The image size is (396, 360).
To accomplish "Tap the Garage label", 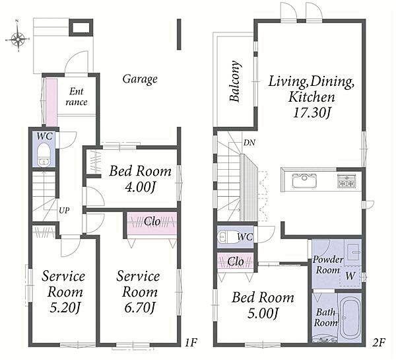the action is [x=140, y=79].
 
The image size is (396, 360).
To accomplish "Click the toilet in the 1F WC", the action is [x=44, y=154].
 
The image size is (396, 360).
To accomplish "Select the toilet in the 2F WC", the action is [x=228, y=237].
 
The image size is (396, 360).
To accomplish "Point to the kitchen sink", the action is [x=304, y=180].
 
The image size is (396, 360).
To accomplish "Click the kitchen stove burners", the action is [x=347, y=181].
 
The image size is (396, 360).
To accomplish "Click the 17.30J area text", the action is [x=312, y=113].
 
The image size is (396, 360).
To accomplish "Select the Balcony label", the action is [x=235, y=81].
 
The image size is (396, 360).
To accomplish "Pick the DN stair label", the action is [x=249, y=143].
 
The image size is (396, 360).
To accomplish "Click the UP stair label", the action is [x=64, y=210].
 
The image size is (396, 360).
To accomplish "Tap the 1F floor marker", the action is [x=191, y=343].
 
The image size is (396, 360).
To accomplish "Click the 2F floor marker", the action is [x=378, y=343].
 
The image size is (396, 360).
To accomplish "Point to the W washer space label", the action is [x=350, y=275].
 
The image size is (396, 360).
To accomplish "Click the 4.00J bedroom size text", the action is [x=140, y=188].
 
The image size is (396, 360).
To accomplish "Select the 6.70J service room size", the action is [x=139, y=308].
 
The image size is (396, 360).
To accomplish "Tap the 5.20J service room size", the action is [x=65, y=308].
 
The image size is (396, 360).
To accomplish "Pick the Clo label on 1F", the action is [x=152, y=222].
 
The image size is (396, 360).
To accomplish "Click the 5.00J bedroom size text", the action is [x=263, y=314].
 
